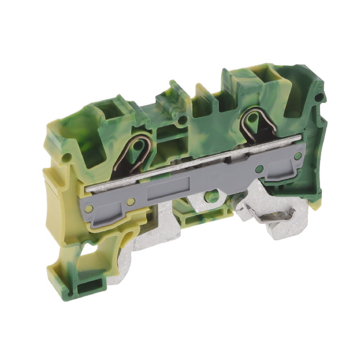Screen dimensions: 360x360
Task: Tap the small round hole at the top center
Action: click(x=181, y=119)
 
